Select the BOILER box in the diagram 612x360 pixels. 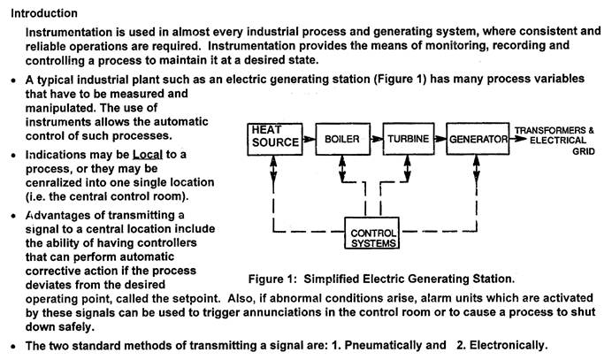pos(340,140)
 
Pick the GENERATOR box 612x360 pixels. pos(477,140)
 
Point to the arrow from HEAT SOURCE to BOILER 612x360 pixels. pos(308,139)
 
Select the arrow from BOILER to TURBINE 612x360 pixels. pos(374,139)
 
